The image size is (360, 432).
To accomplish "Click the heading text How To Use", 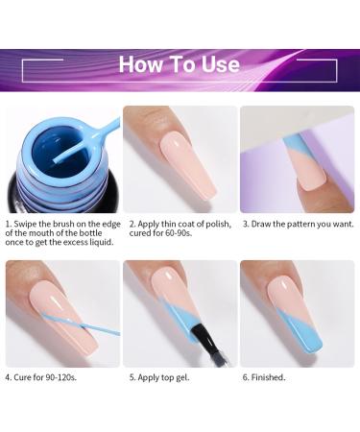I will [180, 65].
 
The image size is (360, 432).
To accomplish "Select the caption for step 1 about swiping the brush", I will [60, 232].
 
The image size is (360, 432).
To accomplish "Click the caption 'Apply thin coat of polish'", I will [179, 224].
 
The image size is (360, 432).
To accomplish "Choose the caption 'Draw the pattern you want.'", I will [298, 224].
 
